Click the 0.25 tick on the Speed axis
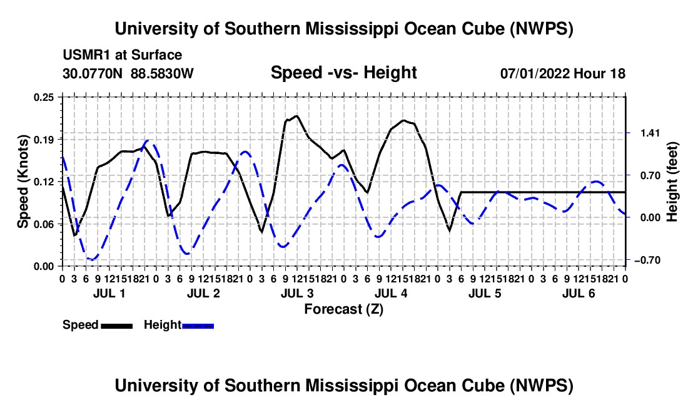pyautogui.click(x=44, y=97)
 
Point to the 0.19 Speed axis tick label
pyautogui.click(x=44, y=140)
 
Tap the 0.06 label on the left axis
pyautogui.click(x=44, y=224)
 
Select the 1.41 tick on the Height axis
pyautogui.click(x=650, y=133)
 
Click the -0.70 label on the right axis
pyautogui.click(x=647, y=260)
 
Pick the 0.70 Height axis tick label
pyautogui.click(x=650, y=175)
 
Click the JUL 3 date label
pyautogui.click(x=297, y=293)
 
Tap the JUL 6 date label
pyautogui.click(x=579, y=293)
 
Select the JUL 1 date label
pyautogui.click(x=109, y=293)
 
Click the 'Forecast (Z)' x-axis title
pyautogui.click(x=344, y=309)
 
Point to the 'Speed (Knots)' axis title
pyautogui.click(x=23, y=182)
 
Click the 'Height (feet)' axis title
pyautogui.click(x=672, y=182)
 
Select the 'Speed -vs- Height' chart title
pyautogui.click(x=343, y=73)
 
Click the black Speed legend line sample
pyautogui.click(x=117, y=326)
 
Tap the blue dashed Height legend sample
pyautogui.click(x=198, y=326)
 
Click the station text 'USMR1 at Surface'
pyautogui.click(x=123, y=55)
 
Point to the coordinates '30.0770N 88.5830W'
pyautogui.click(x=128, y=73)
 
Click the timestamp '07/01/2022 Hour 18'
pyautogui.click(x=563, y=73)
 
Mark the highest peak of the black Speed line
pyautogui.click(x=296, y=116)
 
